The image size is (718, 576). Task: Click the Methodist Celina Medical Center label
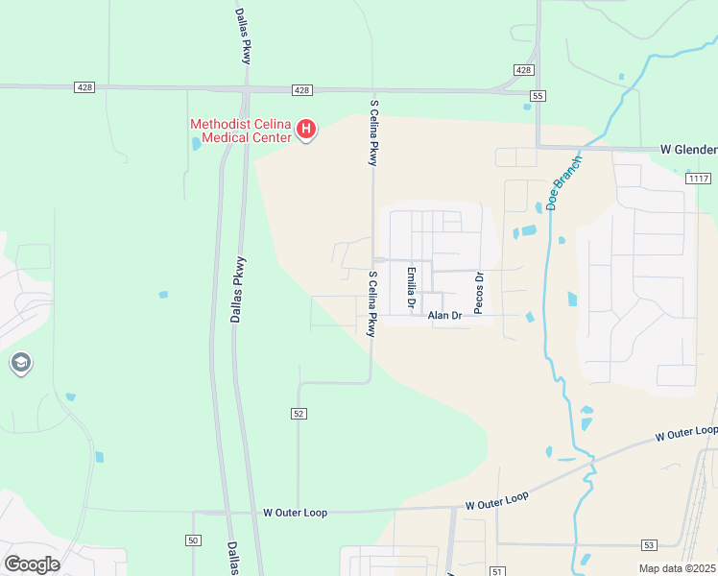240,131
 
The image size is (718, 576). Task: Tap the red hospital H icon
306,129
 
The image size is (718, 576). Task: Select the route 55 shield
538,96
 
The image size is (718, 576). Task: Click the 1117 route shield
699,179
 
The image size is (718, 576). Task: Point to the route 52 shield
299,413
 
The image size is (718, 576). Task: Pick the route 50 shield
194,541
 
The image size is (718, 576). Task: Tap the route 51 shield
496,570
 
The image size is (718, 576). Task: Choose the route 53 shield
649,544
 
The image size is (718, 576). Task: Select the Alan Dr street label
445,315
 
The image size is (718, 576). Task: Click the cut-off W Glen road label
688,150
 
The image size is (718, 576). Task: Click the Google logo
32,564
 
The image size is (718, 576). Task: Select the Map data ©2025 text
677,568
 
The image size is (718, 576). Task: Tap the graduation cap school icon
21,363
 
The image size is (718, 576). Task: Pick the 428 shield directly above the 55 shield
523,70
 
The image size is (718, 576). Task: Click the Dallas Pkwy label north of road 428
245,36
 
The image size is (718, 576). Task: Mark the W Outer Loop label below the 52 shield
295,513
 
